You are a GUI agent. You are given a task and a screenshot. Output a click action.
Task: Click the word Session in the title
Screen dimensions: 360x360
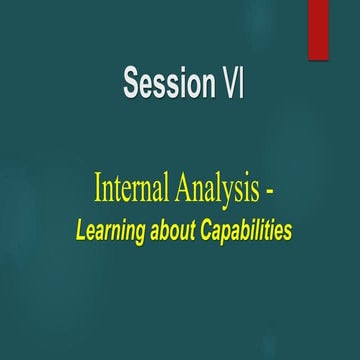click(x=163, y=83)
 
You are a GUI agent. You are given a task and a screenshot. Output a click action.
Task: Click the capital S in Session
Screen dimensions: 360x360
click(x=132, y=83)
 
